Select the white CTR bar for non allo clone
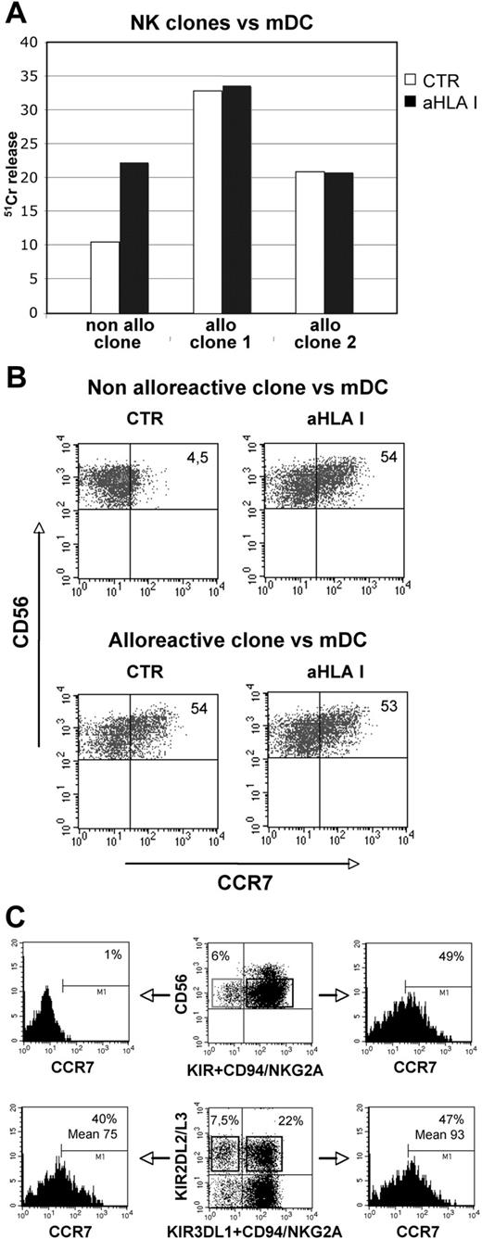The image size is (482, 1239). coord(106,277)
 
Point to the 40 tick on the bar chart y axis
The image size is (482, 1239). coord(28,42)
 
